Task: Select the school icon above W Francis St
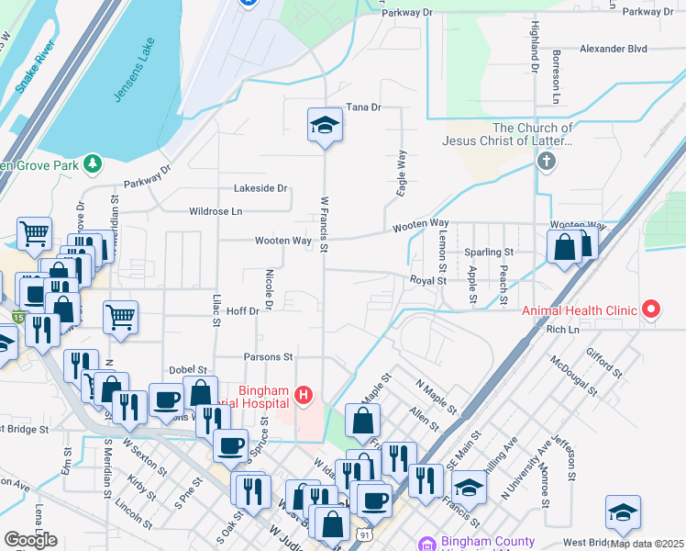(x=324, y=125)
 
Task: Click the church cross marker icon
(x=546, y=163)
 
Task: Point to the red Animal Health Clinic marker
(x=651, y=309)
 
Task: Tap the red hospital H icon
(x=304, y=396)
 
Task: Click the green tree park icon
(x=92, y=163)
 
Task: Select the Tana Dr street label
(x=363, y=107)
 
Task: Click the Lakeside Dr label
(x=260, y=188)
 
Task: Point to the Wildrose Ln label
(x=216, y=211)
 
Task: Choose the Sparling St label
(x=488, y=252)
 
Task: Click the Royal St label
(x=427, y=280)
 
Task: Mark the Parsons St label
(x=268, y=356)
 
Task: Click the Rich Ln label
(x=563, y=329)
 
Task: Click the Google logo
(x=30, y=540)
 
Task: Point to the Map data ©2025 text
(x=646, y=544)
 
